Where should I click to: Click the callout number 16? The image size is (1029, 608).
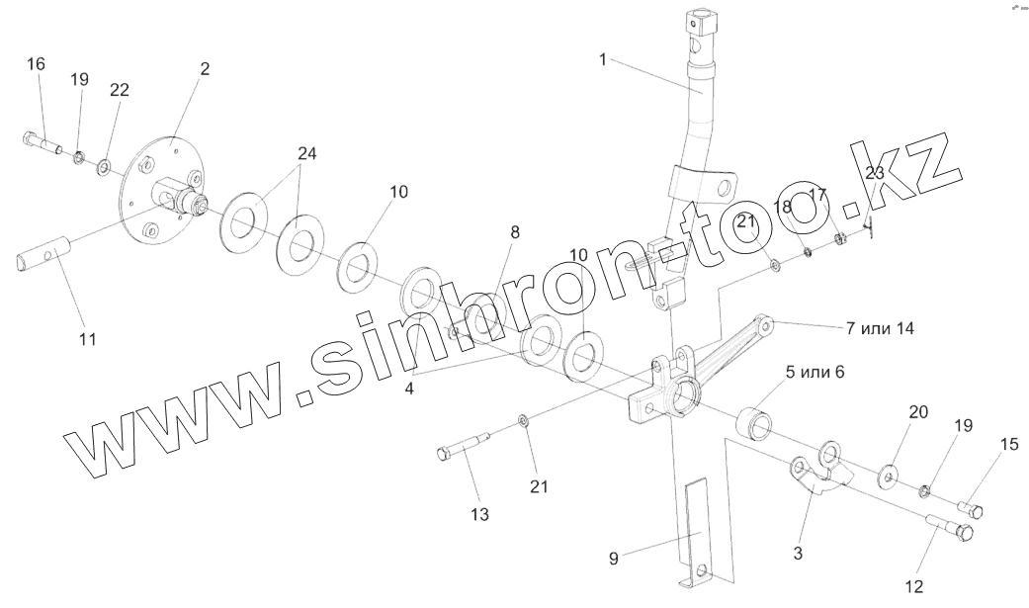(36, 64)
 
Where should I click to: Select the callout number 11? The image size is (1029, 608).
(87, 340)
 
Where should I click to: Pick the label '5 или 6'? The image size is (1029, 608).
(815, 372)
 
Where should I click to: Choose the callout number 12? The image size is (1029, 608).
(913, 586)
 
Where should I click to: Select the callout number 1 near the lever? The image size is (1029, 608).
(602, 59)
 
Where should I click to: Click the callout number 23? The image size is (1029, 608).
(875, 173)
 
